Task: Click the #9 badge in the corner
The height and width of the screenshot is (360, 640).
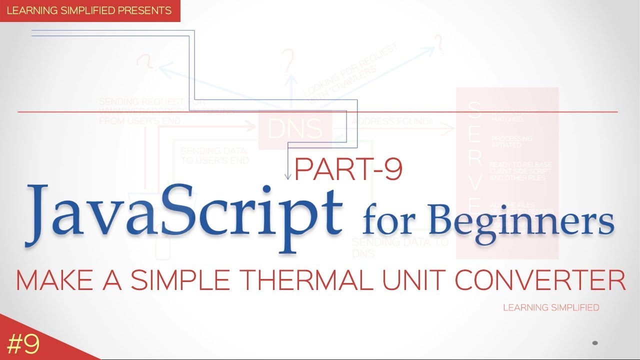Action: [24, 344]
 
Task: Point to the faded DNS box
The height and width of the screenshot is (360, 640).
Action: [295, 129]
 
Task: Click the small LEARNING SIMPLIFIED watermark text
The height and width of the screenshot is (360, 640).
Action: [551, 307]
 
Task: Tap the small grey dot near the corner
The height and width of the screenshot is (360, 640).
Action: [595, 343]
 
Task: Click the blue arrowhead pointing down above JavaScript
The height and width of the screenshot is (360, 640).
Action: [288, 176]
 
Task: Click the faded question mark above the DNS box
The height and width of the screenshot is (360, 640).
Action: [288, 62]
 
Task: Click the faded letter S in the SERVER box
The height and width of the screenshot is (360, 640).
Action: [475, 110]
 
